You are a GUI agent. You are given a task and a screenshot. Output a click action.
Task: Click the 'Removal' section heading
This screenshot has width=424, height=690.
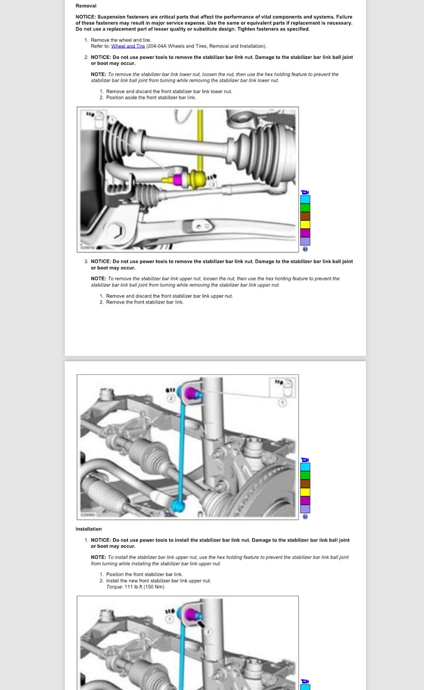point(86,5)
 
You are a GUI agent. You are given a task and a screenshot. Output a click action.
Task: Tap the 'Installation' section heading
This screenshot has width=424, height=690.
point(89,529)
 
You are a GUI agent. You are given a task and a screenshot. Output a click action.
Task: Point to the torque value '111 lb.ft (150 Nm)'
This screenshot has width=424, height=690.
point(144,587)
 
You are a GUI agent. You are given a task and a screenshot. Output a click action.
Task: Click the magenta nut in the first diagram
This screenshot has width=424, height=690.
point(178,179)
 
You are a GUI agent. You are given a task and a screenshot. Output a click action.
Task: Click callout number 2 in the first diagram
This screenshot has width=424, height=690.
point(213,185)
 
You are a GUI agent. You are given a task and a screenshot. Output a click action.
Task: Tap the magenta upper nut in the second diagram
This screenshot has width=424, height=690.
point(190,394)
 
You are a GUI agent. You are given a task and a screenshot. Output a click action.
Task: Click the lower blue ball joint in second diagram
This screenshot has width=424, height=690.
point(177,504)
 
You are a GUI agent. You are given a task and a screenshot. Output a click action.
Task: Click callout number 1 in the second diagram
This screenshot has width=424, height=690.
point(284,403)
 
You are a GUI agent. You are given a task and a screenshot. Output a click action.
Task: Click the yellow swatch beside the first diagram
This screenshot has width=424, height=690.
point(305,224)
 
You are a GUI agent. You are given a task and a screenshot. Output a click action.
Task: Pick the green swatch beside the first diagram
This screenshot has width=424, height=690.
point(305,208)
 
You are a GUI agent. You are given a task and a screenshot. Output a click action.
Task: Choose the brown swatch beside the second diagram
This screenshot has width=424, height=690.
point(305,483)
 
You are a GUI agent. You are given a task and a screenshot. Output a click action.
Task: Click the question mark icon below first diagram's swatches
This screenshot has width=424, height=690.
point(305,248)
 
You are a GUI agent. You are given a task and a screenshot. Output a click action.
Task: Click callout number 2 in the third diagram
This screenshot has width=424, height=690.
point(209,632)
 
